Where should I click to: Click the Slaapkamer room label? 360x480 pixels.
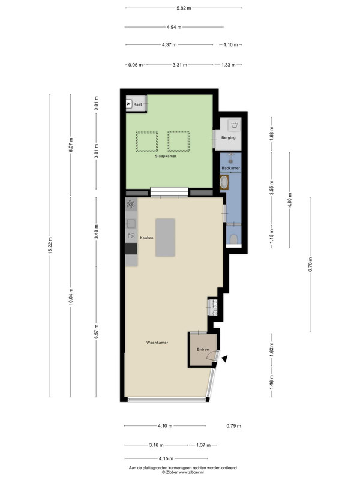(x=166, y=156)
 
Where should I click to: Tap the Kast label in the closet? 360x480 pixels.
(x=137, y=104)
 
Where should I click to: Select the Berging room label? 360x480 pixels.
(x=229, y=138)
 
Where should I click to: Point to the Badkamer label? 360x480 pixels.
(x=231, y=168)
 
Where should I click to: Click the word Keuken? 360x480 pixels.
(x=146, y=238)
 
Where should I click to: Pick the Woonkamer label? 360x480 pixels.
(x=157, y=343)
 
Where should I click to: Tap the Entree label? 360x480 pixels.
(x=203, y=349)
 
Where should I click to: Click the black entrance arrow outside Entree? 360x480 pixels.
(x=224, y=359)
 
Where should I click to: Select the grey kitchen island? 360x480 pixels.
(x=166, y=238)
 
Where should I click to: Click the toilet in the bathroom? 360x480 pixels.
(x=234, y=239)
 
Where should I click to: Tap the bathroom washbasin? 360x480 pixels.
(x=224, y=182)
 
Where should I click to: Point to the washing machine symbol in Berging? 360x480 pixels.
(x=235, y=125)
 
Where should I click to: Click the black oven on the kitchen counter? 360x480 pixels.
(x=131, y=248)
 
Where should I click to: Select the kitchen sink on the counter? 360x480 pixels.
(x=131, y=224)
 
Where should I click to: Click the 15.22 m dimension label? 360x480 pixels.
(x=50, y=245)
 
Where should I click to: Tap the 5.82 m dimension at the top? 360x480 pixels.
(x=184, y=8)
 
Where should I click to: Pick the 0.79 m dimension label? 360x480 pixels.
(x=234, y=426)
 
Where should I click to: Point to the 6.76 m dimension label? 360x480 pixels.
(x=310, y=265)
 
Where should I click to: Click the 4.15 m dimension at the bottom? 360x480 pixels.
(x=166, y=458)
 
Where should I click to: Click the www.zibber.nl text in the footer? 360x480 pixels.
(x=191, y=473)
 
